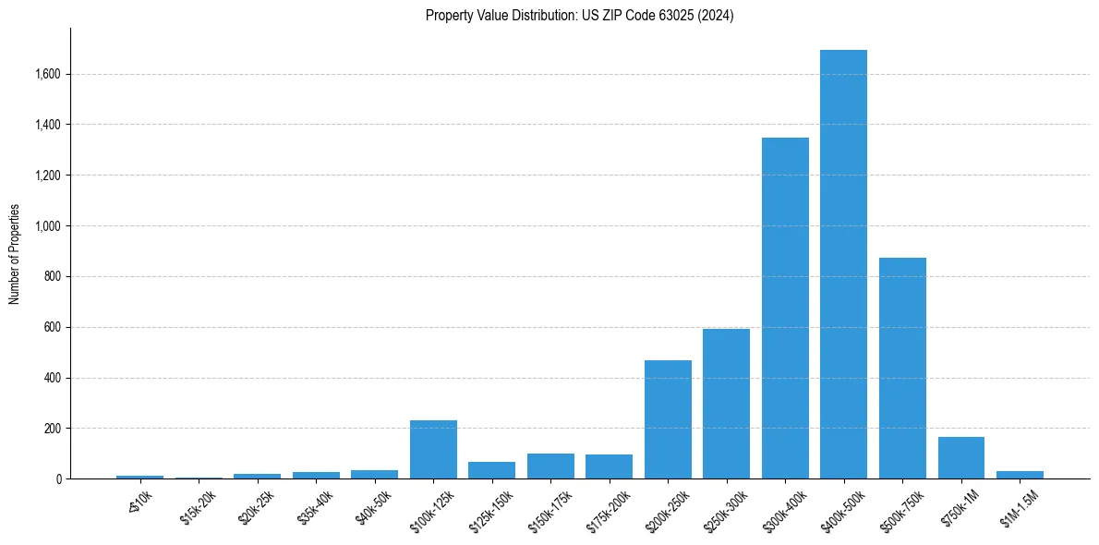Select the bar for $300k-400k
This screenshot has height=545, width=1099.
coord(785,309)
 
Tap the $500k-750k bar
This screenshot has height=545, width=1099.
coord(902,369)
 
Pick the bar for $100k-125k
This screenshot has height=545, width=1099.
coord(433,450)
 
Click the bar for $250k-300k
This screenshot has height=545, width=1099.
coord(726,405)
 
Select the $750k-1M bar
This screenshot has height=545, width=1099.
coord(960,458)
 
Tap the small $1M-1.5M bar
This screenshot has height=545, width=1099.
coord(1020,475)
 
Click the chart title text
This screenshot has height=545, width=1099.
coord(579,16)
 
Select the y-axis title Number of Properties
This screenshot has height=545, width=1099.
coord(15,254)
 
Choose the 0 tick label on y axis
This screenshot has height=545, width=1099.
coord(58,479)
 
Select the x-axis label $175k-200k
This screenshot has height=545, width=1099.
coord(608,509)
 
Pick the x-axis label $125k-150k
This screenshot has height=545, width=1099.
coord(490,509)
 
